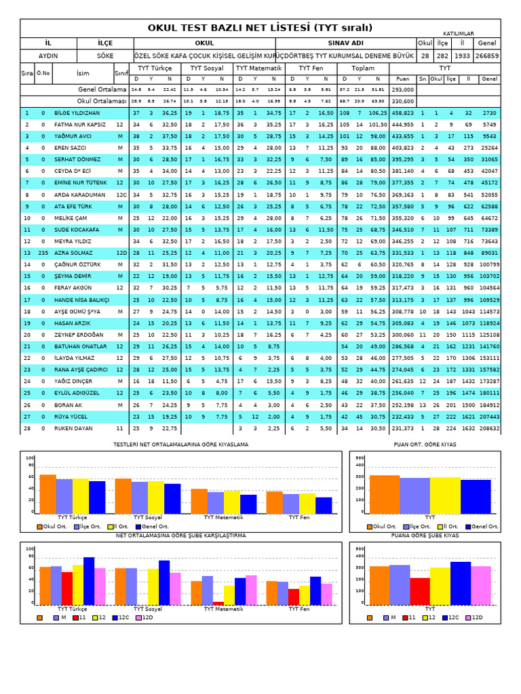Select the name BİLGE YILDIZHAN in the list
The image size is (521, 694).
(x=77, y=113)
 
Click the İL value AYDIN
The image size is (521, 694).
(x=47, y=56)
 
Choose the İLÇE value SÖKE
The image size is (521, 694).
(x=105, y=56)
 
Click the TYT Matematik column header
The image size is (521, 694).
(x=258, y=68)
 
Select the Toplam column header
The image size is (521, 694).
(x=363, y=68)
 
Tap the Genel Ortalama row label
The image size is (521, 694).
(x=102, y=89)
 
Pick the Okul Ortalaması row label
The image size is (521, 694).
(x=101, y=100)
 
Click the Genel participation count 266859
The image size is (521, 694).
(x=488, y=56)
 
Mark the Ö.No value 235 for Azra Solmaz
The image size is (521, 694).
(x=43, y=252)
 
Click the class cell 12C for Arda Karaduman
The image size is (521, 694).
(x=121, y=195)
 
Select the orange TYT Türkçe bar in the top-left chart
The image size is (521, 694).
(x=47, y=494)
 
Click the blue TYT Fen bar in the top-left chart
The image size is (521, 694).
(x=324, y=506)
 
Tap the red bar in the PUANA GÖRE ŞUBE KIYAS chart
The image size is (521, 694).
(x=420, y=591)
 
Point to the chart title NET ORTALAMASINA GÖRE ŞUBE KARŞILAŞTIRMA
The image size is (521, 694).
(x=181, y=535)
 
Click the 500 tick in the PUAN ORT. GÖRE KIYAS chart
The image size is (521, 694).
(x=360, y=457)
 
